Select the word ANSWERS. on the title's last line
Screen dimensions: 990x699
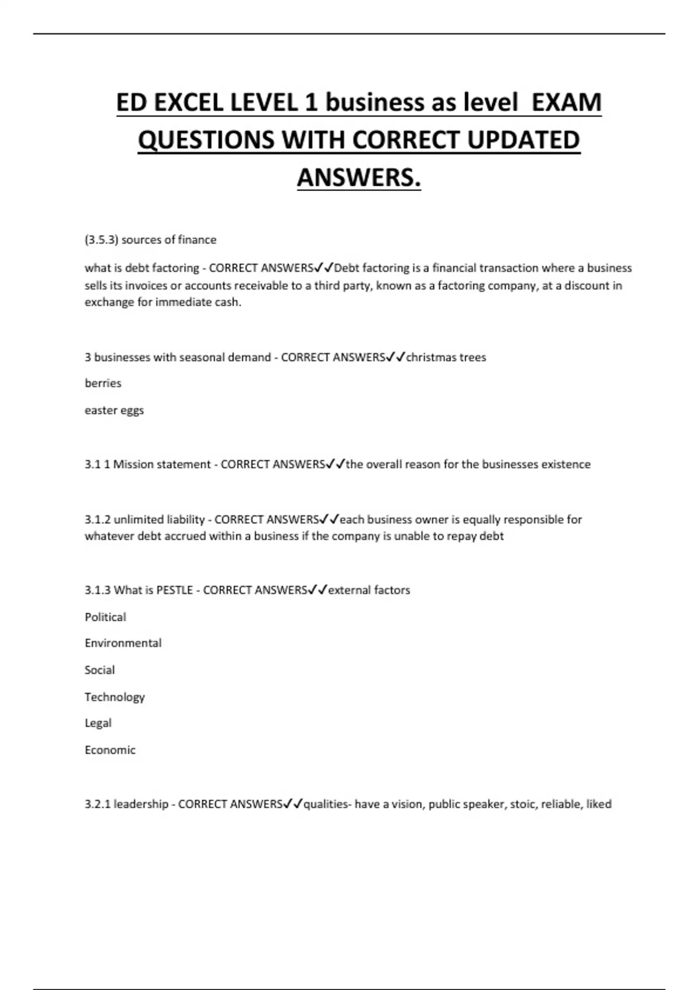[x=359, y=178]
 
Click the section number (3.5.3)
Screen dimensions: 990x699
[x=101, y=240]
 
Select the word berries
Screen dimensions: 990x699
[x=103, y=383]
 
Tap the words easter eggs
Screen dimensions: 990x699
[x=114, y=411]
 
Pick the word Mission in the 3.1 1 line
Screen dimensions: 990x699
[x=132, y=464]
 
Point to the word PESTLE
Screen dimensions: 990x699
[x=174, y=590]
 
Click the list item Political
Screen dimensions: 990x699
[x=105, y=617]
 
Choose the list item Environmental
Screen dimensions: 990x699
[x=123, y=643]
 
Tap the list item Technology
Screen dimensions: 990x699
[x=115, y=697]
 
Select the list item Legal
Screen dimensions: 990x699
[x=98, y=723]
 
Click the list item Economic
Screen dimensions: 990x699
[x=110, y=750]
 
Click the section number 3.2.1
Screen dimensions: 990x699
[x=97, y=804]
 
